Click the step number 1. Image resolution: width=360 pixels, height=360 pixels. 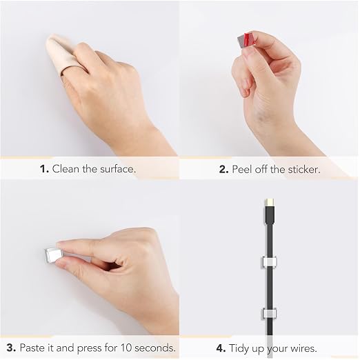click(44, 169)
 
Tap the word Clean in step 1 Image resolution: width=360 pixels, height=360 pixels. click(66, 169)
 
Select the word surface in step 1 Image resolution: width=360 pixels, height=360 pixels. click(117, 169)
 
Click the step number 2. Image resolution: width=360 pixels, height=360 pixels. click(223, 170)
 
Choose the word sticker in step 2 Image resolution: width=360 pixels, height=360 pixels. click(304, 170)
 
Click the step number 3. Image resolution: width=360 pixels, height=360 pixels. click(11, 348)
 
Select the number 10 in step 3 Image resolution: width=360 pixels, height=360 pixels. click(126, 348)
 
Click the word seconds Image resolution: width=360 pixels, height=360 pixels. click(155, 348)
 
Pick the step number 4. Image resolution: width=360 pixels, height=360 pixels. click(221, 348)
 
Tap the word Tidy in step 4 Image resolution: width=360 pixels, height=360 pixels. click(239, 349)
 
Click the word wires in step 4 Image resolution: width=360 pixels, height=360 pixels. click(303, 348)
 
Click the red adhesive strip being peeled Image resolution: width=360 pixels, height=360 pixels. click(247, 39)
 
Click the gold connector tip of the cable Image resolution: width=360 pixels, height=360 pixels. click(269, 202)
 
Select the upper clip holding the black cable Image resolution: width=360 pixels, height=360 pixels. click(269, 262)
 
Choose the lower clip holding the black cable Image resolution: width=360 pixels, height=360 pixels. click(269, 314)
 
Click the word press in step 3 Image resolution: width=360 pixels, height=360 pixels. click(90, 348)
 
